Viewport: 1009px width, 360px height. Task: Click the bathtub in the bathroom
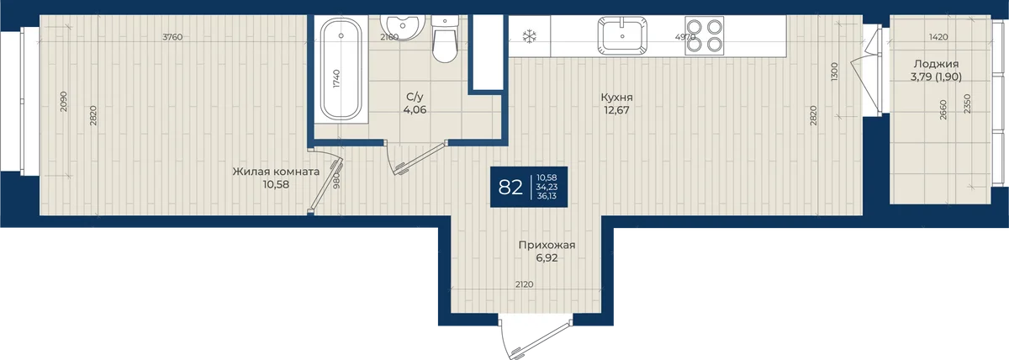(341, 69)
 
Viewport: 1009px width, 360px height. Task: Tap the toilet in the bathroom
(445, 39)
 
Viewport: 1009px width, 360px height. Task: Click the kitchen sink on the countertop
(622, 35)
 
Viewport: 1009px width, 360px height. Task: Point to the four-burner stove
(705, 35)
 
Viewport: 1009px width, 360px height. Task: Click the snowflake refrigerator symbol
(529, 36)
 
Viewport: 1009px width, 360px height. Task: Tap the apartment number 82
(510, 187)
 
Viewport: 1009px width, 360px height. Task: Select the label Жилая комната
(276, 172)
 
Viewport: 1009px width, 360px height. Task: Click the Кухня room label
(616, 98)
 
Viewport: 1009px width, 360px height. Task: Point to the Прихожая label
(547, 245)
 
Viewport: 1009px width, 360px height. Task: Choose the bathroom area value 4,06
(415, 110)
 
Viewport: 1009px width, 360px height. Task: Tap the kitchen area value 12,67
(616, 110)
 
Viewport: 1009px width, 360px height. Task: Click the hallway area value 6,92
(547, 258)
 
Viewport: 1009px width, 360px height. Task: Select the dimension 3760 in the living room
(172, 37)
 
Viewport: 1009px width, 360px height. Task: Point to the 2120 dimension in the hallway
(525, 284)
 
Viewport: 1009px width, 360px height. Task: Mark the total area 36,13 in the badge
(547, 196)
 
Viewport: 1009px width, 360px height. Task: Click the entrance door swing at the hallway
(536, 339)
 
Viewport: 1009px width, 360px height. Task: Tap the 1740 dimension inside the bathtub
(337, 78)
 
